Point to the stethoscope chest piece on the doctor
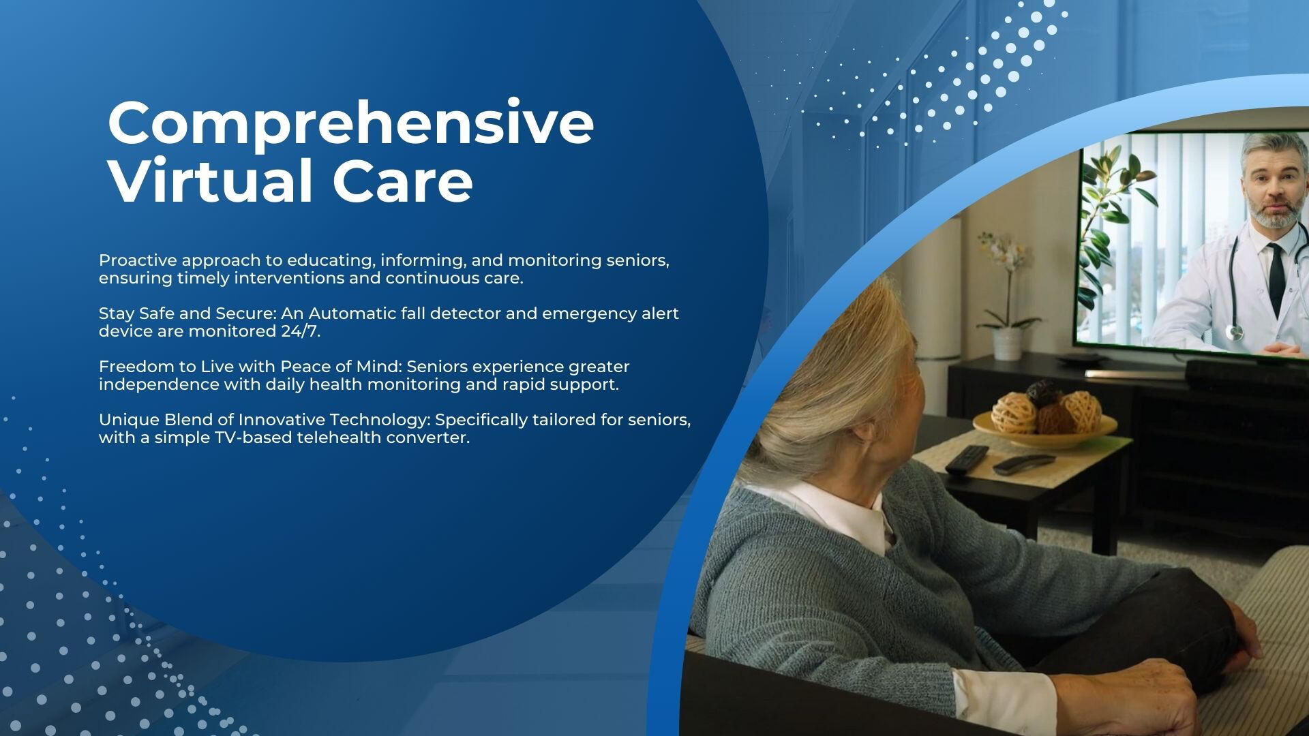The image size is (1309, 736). click(x=1234, y=333)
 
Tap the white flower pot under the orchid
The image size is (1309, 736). click(x=1007, y=343)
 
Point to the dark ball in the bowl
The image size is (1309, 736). click(x=1042, y=393)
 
